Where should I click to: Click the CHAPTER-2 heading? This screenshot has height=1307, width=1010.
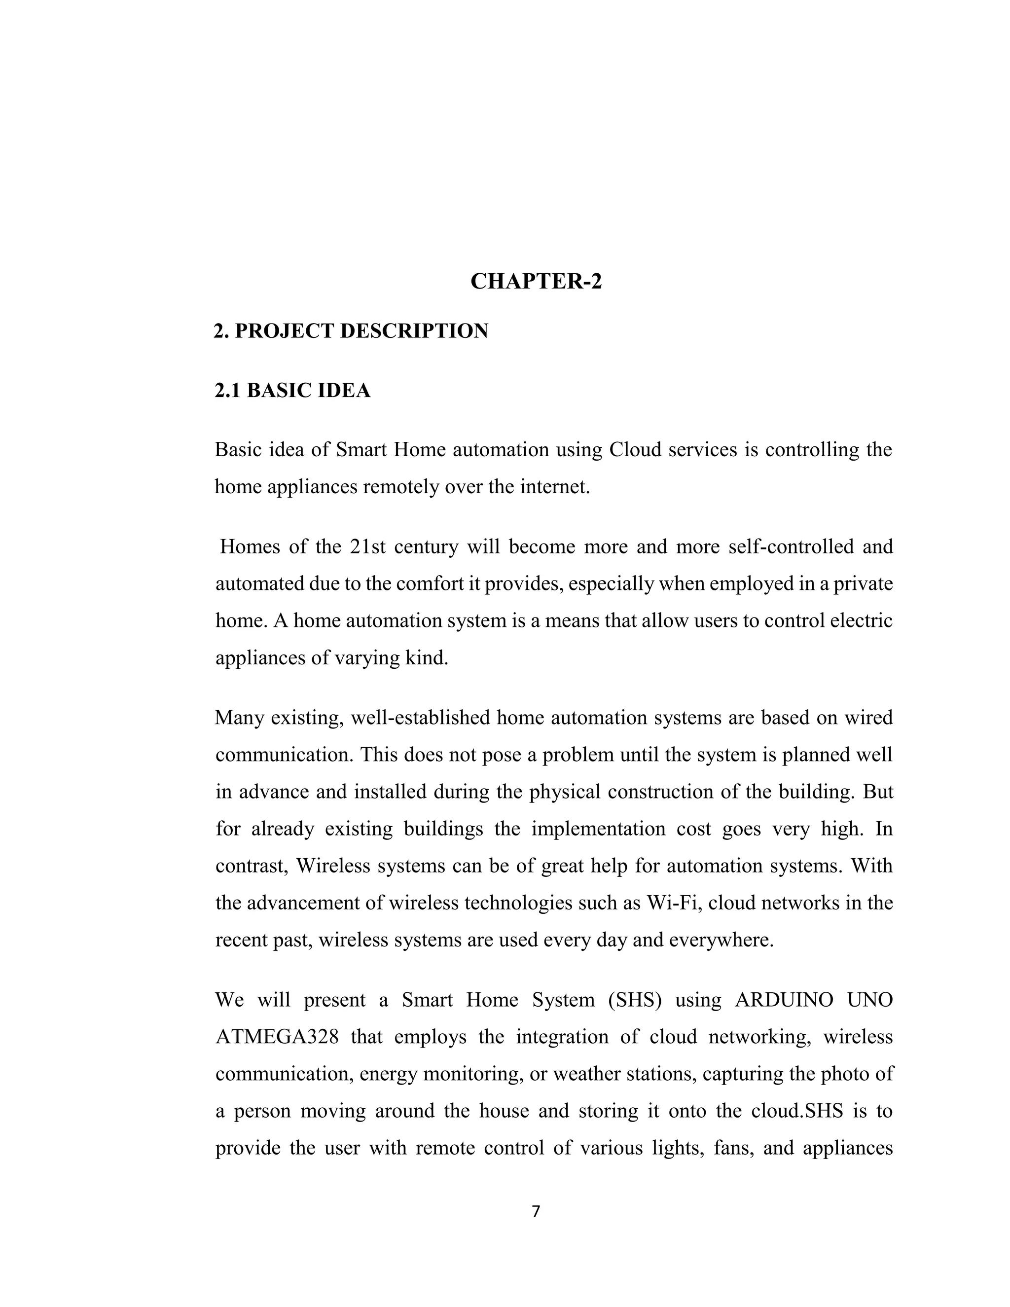[x=536, y=281]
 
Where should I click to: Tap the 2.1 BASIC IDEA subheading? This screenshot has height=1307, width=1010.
[x=292, y=390]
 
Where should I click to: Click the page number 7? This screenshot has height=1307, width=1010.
[x=536, y=1212]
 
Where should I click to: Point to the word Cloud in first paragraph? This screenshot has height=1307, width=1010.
[x=635, y=449]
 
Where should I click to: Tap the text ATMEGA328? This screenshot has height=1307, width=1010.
[x=277, y=1037]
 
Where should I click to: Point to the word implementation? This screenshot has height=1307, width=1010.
[x=598, y=829]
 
